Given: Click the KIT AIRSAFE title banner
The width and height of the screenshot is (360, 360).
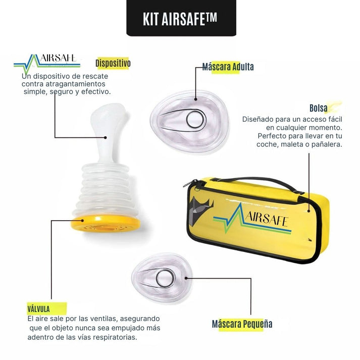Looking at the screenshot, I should pyautogui.click(x=180, y=18).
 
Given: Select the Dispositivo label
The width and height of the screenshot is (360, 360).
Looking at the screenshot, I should pyautogui.click(x=113, y=64).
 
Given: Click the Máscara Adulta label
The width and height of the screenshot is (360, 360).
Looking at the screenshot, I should pyautogui.click(x=228, y=67).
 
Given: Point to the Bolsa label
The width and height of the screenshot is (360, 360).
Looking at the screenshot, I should pyautogui.click(x=319, y=109).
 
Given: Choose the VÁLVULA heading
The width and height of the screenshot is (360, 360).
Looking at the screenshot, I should pyautogui.click(x=39, y=308).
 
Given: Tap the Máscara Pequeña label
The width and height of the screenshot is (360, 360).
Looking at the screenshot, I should pyautogui.click(x=242, y=324).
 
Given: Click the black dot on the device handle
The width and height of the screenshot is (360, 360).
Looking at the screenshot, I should pyautogui.click(x=105, y=137).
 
